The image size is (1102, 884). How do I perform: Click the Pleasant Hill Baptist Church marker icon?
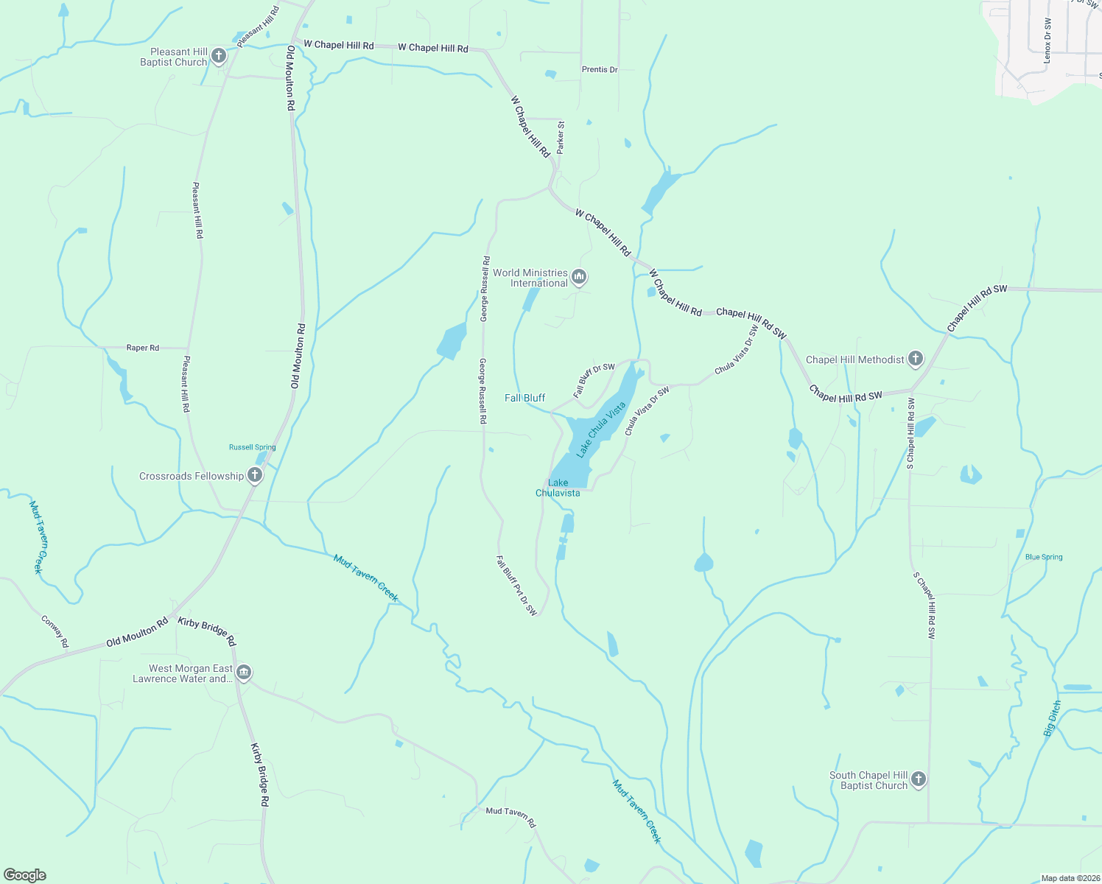click(218, 56)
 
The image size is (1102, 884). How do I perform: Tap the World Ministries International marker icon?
click(579, 277)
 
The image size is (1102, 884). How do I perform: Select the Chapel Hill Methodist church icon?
click(915, 359)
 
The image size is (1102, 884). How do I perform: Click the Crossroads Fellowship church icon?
click(255, 475)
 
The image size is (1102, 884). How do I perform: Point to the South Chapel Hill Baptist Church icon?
click(918, 779)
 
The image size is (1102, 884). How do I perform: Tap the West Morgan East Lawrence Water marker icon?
click(245, 673)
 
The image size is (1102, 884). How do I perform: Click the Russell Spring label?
click(252, 447)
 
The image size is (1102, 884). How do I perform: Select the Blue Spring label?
click(1044, 557)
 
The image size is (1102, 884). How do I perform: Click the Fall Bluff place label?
click(524, 398)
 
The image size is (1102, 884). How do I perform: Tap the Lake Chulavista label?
click(558, 488)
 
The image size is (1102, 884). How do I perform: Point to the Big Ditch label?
click(1053, 719)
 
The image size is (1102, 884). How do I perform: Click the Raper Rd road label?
click(142, 348)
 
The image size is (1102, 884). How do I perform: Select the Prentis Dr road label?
click(600, 69)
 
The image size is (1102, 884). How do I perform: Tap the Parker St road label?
click(561, 137)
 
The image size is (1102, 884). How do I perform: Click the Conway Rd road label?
click(55, 631)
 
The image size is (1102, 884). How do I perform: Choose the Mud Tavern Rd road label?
click(510, 816)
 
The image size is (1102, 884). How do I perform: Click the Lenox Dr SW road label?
click(1047, 41)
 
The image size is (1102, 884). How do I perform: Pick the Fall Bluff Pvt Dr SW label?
click(516, 586)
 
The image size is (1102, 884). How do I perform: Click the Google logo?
click(24, 875)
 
